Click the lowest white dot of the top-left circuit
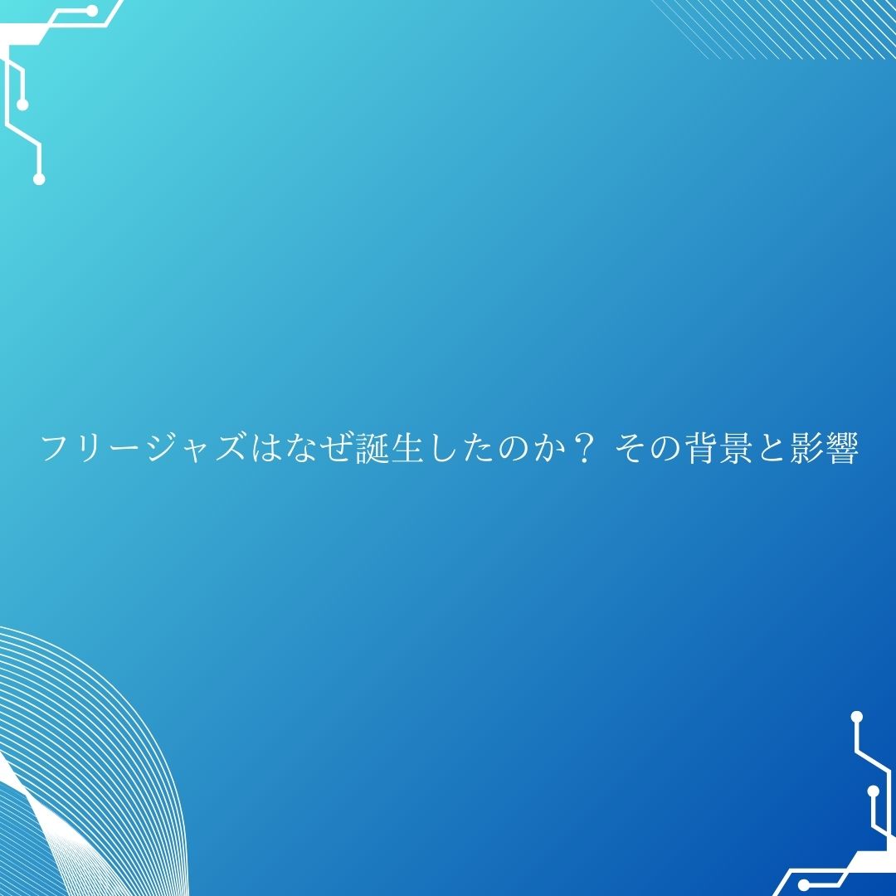(x=39, y=179)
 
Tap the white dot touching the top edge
(x=90, y=9)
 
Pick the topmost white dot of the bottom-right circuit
(x=856, y=717)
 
